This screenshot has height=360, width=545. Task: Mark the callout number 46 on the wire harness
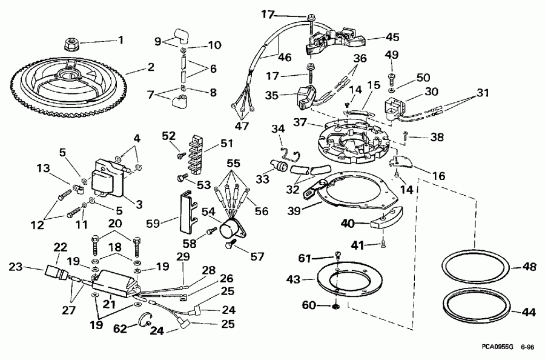pos(284,58)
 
